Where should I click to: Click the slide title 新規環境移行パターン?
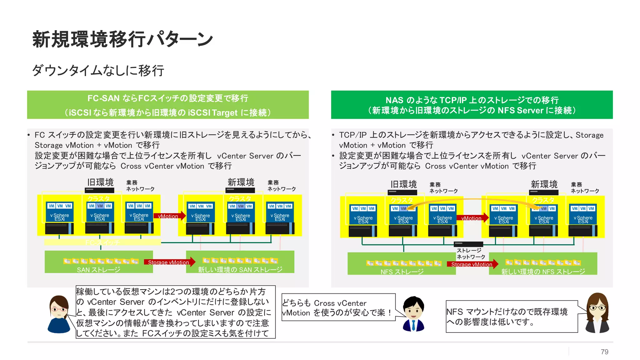point(122,40)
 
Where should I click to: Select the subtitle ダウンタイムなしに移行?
point(98,71)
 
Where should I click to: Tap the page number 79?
point(604,352)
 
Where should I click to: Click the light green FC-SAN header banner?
point(168,105)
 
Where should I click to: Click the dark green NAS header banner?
point(472,105)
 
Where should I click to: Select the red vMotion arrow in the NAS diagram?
point(472,218)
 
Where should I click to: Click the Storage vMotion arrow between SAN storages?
point(169,262)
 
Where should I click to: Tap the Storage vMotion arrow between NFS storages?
point(472,264)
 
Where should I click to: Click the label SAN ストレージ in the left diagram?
point(98,270)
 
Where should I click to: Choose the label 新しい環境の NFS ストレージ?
point(543,272)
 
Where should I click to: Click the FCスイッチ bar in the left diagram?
point(102,242)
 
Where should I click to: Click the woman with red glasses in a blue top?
point(59,314)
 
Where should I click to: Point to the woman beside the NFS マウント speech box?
point(597,312)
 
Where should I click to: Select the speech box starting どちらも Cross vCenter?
point(338,307)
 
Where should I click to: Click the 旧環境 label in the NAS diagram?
point(403,184)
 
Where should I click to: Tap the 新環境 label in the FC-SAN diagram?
point(241,182)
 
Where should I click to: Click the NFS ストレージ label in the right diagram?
point(402,272)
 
